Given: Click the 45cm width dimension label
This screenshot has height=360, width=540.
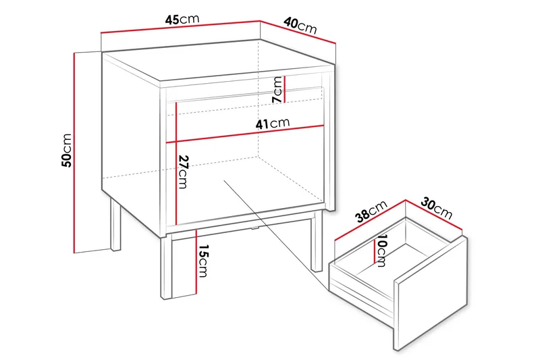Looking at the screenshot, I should pyautogui.click(x=182, y=19).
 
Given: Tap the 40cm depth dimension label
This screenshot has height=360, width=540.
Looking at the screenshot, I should pyautogui.click(x=300, y=25).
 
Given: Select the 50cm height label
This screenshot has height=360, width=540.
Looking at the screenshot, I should pyautogui.click(x=66, y=150).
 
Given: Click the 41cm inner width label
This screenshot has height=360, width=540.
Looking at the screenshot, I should pyautogui.click(x=273, y=124).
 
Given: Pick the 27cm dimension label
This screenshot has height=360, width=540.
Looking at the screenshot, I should pyautogui.click(x=183, y=172).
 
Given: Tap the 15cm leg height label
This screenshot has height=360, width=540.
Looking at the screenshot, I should pyautogui.click(x=202, y=262).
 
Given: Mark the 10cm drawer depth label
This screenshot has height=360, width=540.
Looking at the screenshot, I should pyautogui.click(x=381, y=251).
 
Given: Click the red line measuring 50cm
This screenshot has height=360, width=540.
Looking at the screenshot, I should pyautogui.click(x=75, y=150).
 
